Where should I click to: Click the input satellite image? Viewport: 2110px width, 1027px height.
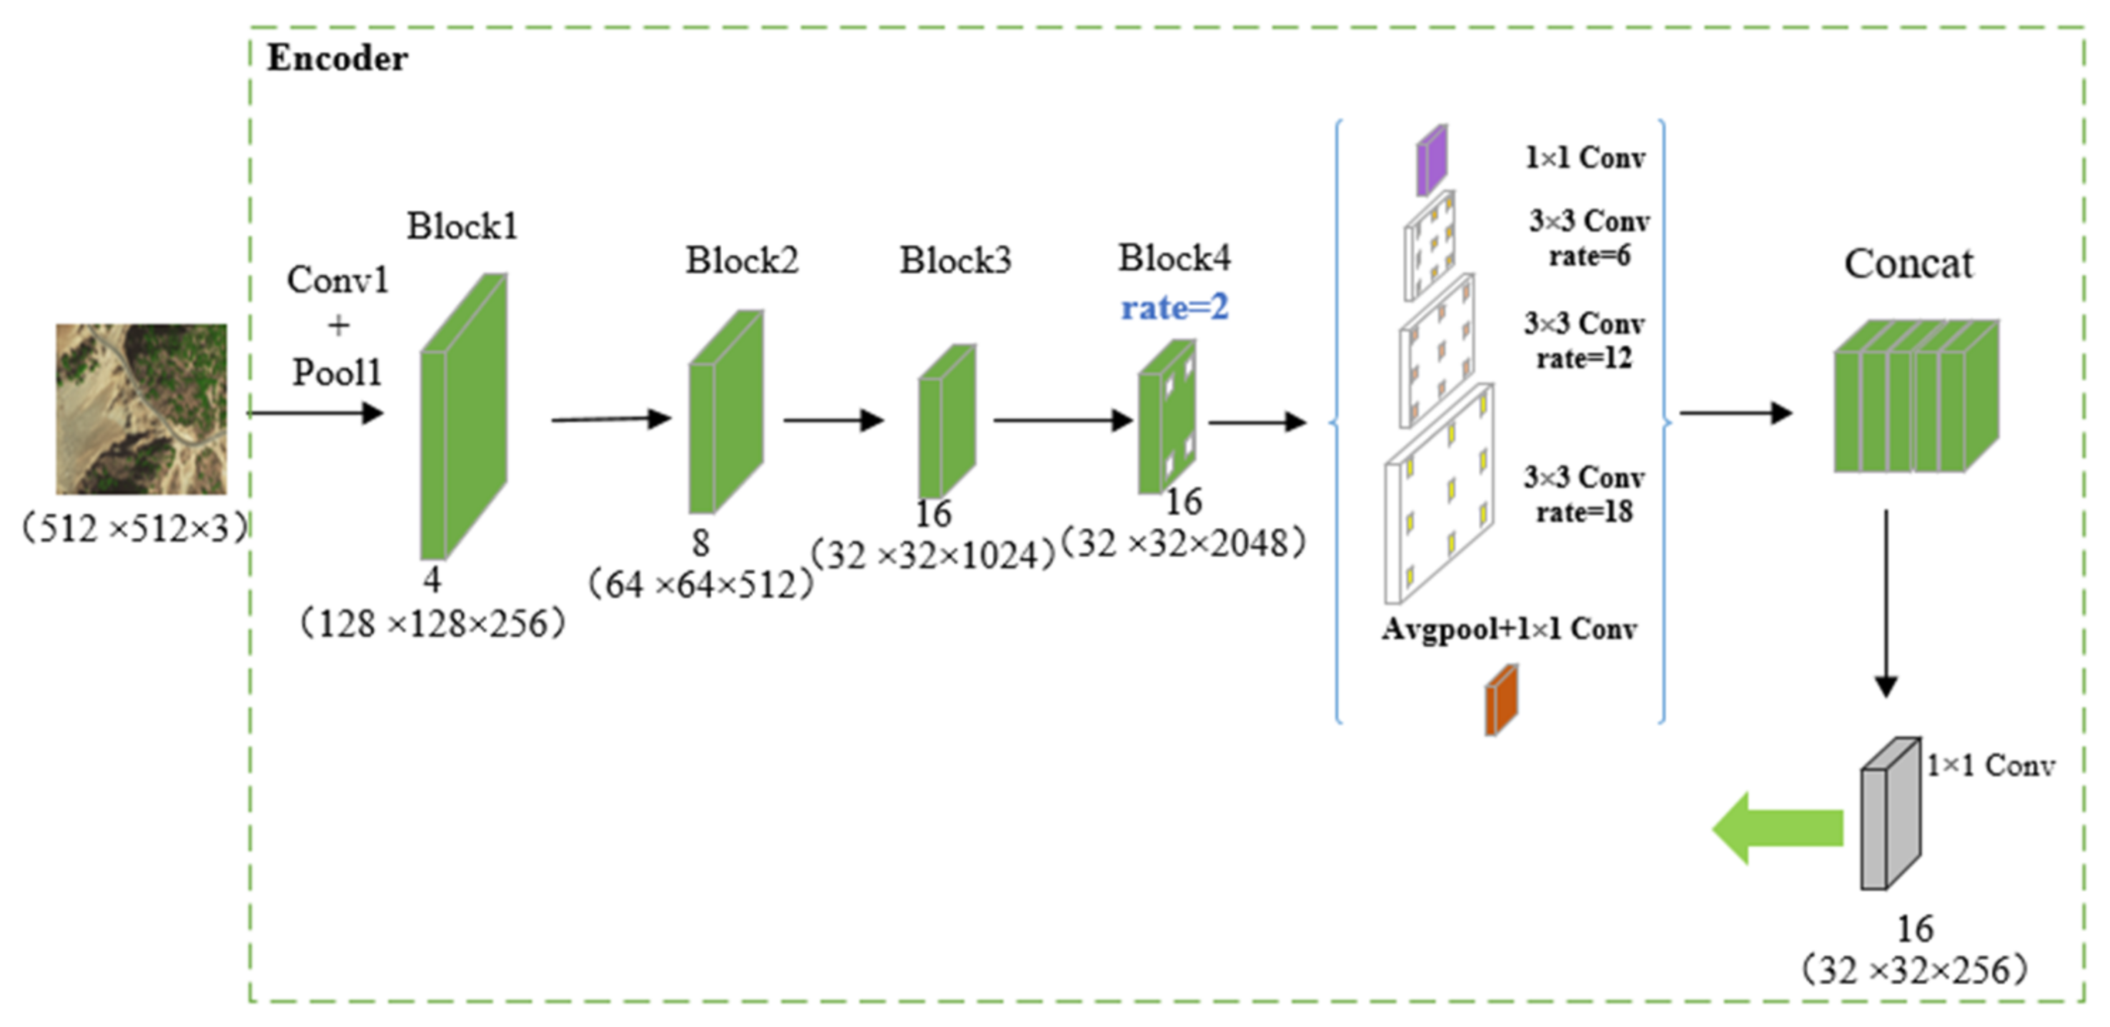point(141,409)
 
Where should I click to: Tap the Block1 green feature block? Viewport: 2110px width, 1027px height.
point(462,417)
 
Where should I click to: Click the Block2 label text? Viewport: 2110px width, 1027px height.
point(741,260)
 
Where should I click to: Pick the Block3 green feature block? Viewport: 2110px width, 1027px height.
point(946,422)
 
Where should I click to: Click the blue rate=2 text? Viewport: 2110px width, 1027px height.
point(1174,308)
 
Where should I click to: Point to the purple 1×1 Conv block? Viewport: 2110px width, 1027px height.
point(1432,161)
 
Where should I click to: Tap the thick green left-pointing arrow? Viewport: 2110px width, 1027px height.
point(1778,828)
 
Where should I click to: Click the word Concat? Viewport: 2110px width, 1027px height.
point(1908,264)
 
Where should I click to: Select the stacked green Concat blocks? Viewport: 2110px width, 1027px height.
point(1914,397)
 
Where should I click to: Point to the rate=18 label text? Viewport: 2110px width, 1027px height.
point(1583,512)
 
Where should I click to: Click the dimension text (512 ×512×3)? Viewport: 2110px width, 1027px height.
point(134,528)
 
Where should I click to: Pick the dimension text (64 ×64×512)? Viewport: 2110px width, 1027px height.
point(700,585)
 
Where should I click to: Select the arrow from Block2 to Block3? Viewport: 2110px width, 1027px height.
point(833,420)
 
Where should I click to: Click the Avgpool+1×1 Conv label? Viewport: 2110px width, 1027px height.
point(1509,629)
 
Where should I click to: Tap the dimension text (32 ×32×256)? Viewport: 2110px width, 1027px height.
point(1914,971)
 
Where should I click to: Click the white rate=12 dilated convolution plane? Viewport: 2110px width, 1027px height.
point(1437,352)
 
